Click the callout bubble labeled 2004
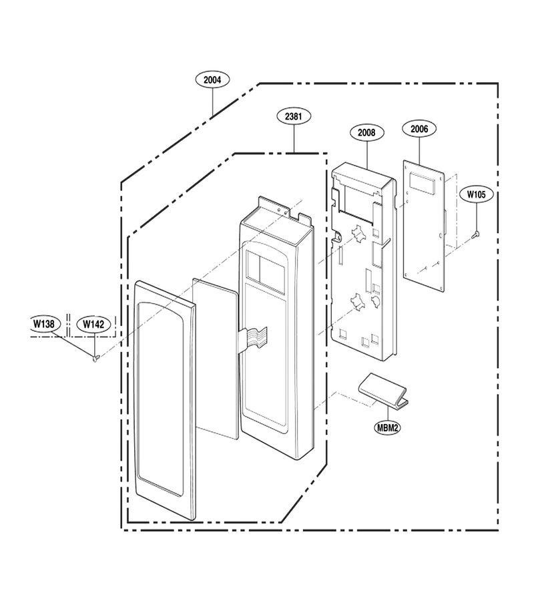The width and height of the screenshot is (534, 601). [212, 79]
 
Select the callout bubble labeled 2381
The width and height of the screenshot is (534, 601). [294, 116]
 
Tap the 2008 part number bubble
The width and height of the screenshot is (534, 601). [366, 133]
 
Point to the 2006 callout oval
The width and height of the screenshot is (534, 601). [419, 129]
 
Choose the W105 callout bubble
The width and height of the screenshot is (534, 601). [476, 195]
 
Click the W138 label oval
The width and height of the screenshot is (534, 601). [44, 324]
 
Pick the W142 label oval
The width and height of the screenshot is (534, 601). [93, 325]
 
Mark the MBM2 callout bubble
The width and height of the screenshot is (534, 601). [387, 428]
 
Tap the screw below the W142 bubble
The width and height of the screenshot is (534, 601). [95, 359]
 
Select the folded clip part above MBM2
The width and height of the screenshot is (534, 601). [383, 389]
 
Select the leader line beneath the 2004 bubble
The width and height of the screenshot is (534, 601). [212, 102]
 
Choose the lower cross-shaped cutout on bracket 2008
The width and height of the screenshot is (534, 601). [358, 302]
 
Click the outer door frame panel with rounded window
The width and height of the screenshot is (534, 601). [165, 401]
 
